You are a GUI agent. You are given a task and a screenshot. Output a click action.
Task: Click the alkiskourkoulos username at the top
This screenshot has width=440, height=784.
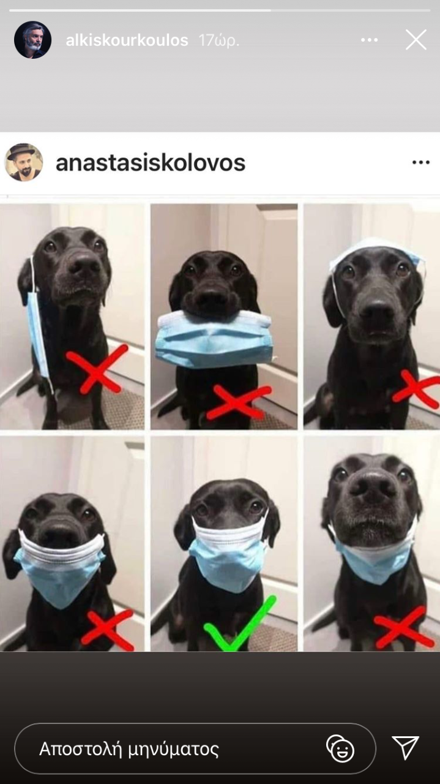tap(127, 40)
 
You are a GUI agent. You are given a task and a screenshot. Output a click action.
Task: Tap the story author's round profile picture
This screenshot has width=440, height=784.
tap(32, 40)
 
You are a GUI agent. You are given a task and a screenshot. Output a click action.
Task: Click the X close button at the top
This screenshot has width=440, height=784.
tap(416, 40)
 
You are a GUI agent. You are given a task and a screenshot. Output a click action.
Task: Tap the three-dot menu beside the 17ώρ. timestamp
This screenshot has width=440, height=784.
tap(370, 40)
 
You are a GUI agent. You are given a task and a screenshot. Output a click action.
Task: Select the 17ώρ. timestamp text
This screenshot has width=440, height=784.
tap(219, 40)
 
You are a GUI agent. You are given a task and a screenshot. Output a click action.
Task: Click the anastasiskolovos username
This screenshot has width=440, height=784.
tap(151, 163)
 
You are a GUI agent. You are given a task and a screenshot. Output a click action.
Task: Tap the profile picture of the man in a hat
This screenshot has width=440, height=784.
tap(24, 162)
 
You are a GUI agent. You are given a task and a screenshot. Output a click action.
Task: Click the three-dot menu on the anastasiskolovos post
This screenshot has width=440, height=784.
tap(421, 162)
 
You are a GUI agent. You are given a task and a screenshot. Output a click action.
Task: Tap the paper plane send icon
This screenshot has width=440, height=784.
tap(405, 748)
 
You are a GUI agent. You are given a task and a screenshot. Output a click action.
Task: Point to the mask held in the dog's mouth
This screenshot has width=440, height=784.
tap(214, 339)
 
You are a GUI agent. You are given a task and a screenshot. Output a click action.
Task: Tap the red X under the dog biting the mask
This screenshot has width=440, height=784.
tap(239, 402)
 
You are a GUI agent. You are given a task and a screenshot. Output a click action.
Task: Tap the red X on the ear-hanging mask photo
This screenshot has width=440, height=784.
tap(97, 368)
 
